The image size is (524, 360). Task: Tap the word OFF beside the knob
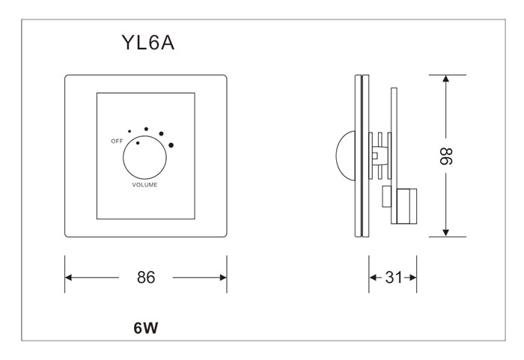(x=116, y=141)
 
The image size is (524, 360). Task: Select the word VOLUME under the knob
(x=144, y=184)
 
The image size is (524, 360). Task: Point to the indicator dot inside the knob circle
(x=138, y=141)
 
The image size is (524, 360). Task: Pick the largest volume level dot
(x=171, y=144)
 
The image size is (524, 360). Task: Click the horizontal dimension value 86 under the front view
(x=146, y=277)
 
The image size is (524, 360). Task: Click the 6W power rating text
(x=146, y=327)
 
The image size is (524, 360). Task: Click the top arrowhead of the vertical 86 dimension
(x=446, y=79)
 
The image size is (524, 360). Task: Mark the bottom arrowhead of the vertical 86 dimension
(x=446, y=232)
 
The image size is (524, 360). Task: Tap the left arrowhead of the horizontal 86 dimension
(x=70, y=277)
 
